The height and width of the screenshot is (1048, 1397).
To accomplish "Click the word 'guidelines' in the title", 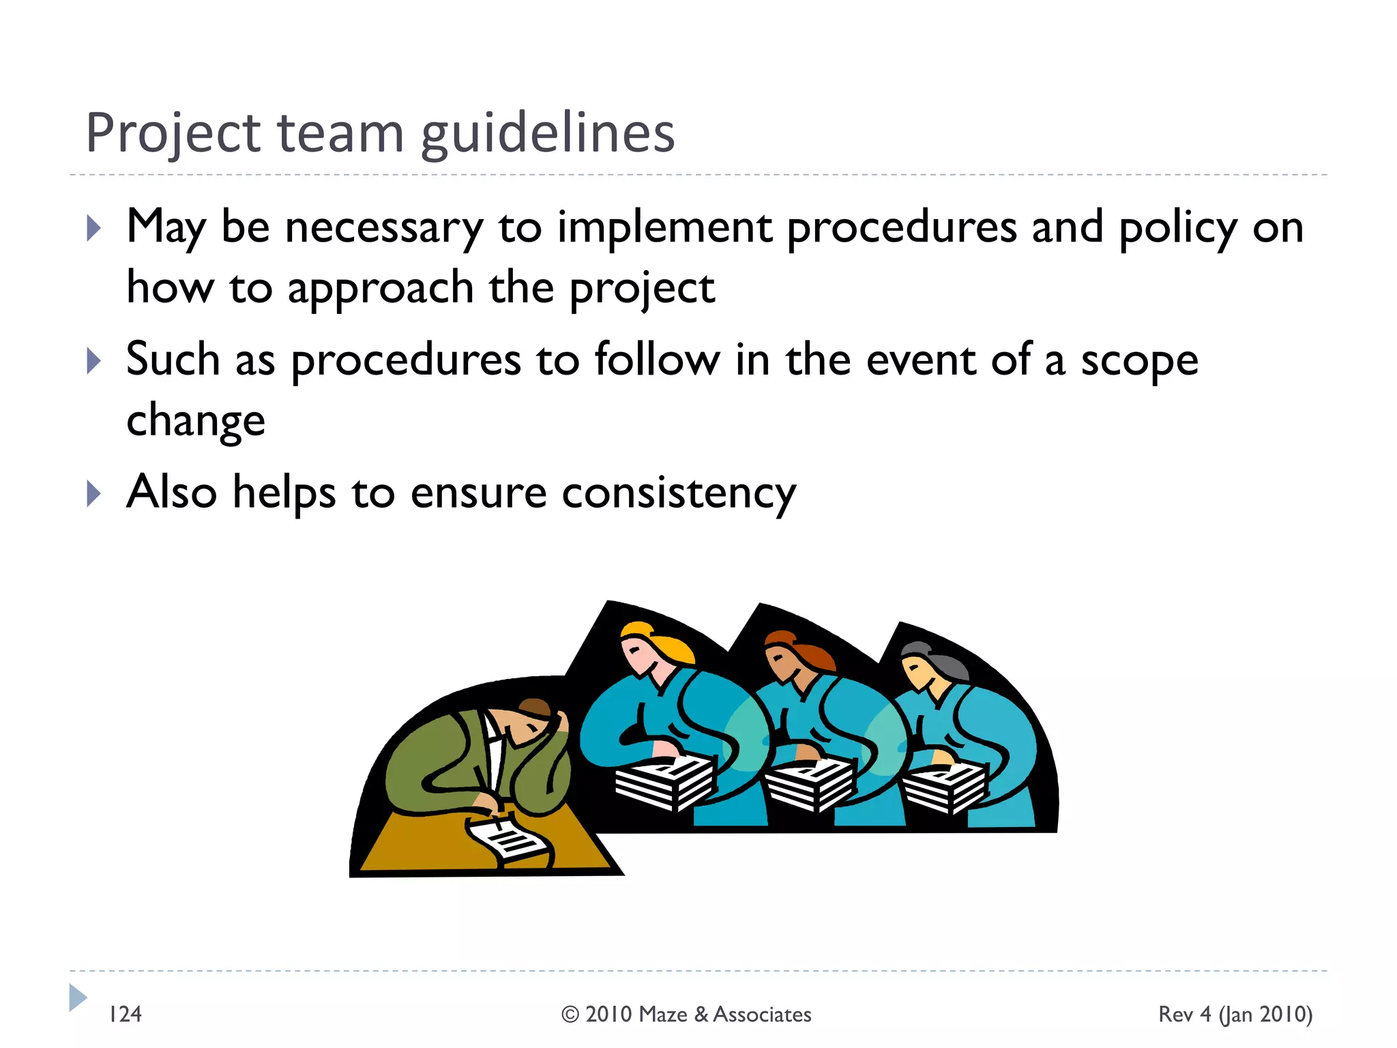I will click(x=548, y=134).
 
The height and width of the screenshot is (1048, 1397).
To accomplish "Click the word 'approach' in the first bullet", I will click(x=381, y=289).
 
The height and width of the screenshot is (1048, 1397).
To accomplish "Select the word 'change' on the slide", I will click(x=196, y=421).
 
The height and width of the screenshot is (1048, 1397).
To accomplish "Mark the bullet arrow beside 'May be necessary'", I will click(x=94, y=228).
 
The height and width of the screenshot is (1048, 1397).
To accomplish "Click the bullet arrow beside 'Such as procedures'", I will click(x=94, y=360).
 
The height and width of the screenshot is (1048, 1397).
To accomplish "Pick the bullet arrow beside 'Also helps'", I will click(x=94, y=493).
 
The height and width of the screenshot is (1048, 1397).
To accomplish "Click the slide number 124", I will click(x=126, y=1014).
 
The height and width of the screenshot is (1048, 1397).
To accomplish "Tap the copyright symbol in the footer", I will click(x=570, y=1015).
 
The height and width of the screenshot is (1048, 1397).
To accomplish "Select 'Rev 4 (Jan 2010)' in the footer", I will click(x=1235, y=1014).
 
